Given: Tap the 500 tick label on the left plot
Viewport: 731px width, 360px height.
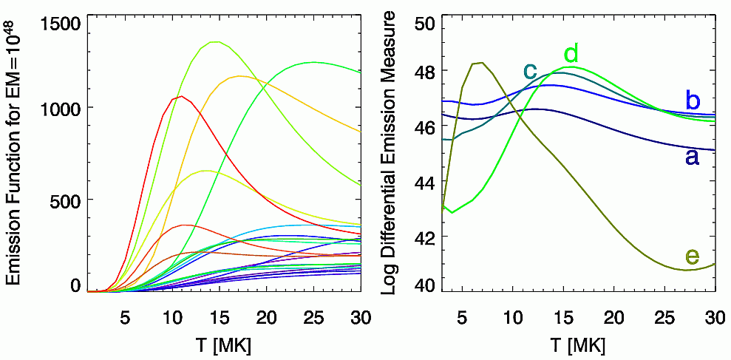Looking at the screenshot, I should (63, 200).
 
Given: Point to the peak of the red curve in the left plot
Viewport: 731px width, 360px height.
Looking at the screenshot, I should (181, 95).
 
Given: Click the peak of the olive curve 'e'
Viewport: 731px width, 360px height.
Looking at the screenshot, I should (481, 63).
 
